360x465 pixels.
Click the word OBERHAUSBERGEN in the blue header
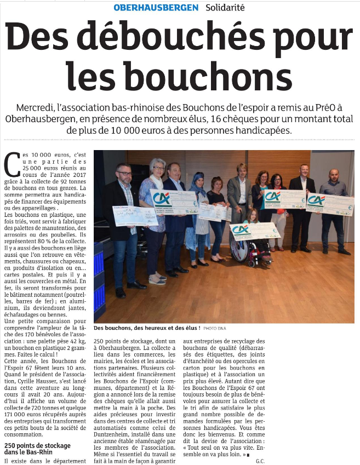tap(156, 8)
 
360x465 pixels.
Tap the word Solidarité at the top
tap(225, 8)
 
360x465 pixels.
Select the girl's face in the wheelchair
tap(253, 215)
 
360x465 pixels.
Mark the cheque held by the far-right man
tap(330, 204)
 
